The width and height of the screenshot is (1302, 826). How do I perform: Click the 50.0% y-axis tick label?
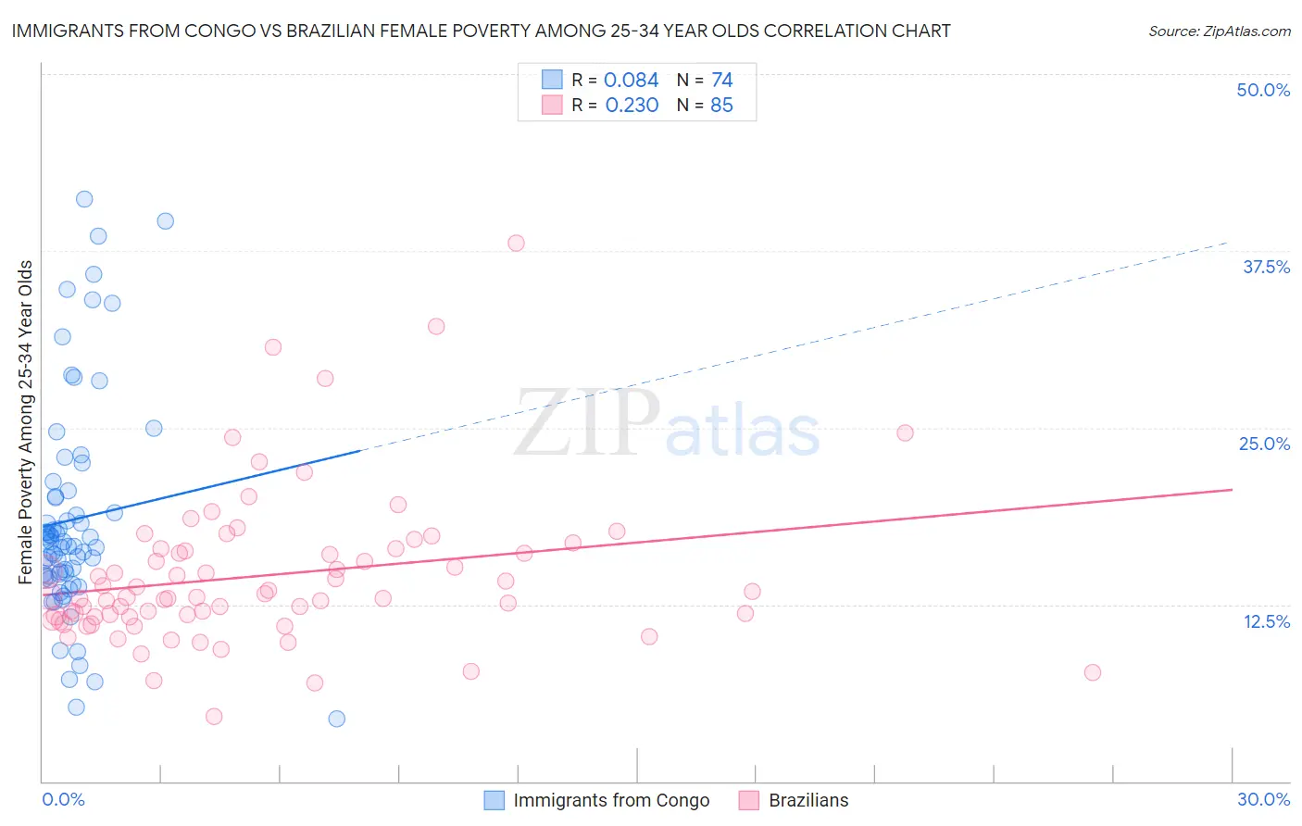click(x=1263, y=90)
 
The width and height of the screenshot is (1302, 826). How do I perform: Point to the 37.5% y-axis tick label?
click(x=1266, y=267)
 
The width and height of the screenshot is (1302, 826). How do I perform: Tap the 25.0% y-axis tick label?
click(x=1264, y=444)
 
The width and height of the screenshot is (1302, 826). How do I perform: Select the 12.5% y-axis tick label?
click(x=1266, y=621)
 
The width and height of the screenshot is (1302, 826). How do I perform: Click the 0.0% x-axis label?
click(x=63, y=799)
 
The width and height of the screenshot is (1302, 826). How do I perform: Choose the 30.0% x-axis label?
click(x=1263, y=799)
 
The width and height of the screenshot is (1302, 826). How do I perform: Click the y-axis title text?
click(x=26, y=422)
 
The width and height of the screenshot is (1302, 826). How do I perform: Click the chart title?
click(x=481, y=31)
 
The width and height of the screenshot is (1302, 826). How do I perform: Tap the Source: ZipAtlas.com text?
click(x=1219, y=31)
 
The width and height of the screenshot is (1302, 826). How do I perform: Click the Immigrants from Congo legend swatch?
click(x=495, y=800)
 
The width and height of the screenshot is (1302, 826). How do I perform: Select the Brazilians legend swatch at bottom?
click(x=749, y=800)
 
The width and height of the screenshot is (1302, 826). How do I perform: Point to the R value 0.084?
click(x=631, y=81)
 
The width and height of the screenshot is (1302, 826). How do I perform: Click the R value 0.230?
click(x=632, y=106)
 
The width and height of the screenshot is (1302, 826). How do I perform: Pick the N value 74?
click(x=721, y=81)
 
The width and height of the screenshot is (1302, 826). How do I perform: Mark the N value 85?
click(x=721, y=106)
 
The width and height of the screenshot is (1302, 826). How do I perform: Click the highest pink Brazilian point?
click(x=516, y=243)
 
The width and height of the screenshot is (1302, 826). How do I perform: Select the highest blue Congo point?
click(x=84, y=199)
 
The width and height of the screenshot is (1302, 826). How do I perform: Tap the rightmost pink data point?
click(x=1093, y=672)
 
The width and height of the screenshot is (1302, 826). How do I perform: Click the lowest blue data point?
click(x=337, y=719)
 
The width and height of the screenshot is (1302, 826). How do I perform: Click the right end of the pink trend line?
click(x=1232, y=489)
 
